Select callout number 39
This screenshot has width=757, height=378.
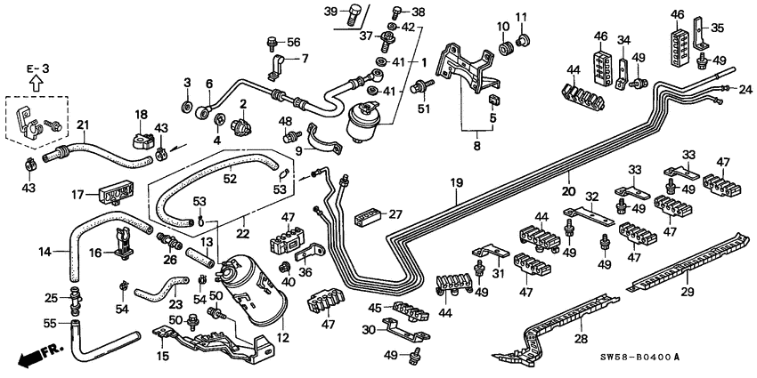pyautogui.click(x=331, y=12)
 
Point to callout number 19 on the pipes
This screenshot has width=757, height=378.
pyautogui.click(x=457, y=184)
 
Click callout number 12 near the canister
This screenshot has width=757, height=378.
pyautogui.click(x=284, y=339)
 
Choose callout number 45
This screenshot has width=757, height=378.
pyautogui.click(x=376, y=309)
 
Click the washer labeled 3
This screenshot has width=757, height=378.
pyautogui.click(x=188, y=107)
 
